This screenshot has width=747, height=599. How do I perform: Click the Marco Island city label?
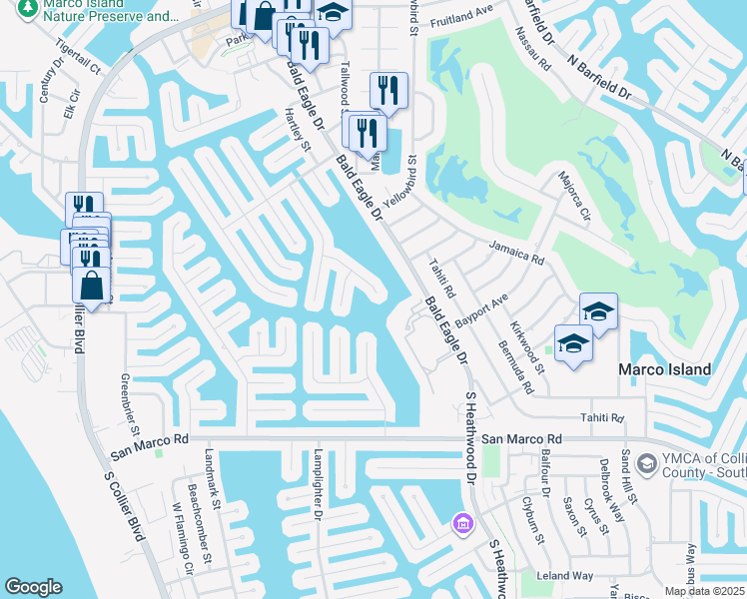(x=664, y=369)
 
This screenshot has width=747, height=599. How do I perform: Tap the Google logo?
(x=33, y=587)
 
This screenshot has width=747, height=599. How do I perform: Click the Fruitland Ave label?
(x=462, y=16)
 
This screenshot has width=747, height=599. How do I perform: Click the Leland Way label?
(x=565, y=576)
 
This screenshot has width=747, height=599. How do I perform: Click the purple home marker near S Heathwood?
(x=461, y=523)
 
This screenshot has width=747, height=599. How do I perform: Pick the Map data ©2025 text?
(x=705, y=591)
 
